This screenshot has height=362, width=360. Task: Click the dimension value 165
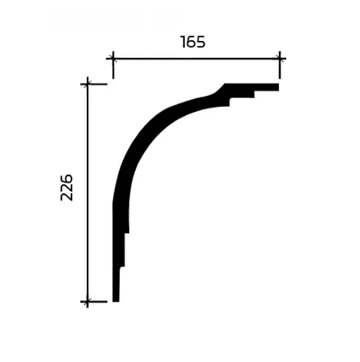193,42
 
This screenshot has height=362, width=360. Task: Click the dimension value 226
67,187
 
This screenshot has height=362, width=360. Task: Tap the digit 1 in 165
183,42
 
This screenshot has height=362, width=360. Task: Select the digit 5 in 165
201,42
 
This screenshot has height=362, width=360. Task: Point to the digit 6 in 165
192,42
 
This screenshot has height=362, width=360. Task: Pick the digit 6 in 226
67,179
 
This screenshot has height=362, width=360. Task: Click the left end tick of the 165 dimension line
113,59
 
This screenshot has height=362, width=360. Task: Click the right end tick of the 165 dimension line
280,59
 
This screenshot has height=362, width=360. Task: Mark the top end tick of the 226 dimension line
88,84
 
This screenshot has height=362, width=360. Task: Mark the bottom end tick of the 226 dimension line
88,302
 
